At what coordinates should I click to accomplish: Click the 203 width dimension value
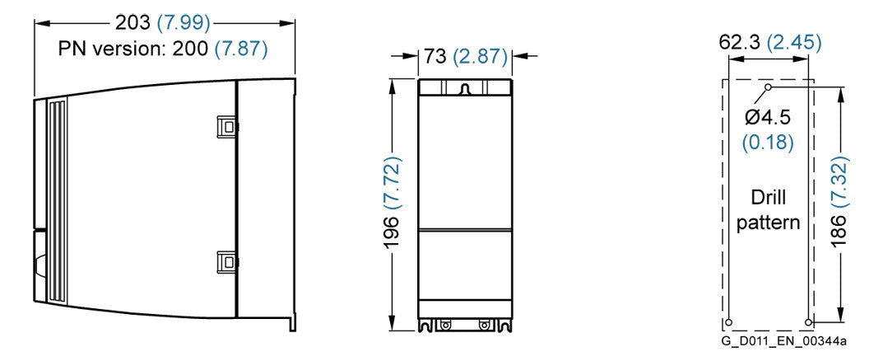[x=132, y=22]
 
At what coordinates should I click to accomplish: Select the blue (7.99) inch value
[x=183, y=22]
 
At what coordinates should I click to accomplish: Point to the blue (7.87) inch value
[x=241, y=49]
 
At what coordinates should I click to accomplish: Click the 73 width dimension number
[x=434, y=56]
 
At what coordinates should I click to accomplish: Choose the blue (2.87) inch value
[x=479, y=56]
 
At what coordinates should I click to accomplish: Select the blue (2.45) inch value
[x=795, y=42]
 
